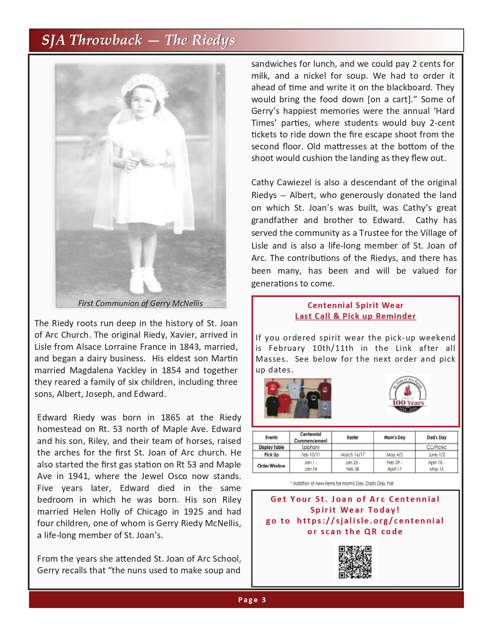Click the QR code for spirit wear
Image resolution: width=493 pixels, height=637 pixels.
coord(355,562)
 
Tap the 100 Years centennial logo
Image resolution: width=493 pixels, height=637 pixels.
coord(408,394)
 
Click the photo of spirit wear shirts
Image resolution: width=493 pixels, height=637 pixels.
coord(297,398)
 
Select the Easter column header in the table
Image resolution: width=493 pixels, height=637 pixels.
coord(352,437)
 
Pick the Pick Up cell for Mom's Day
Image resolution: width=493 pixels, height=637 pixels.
coord(394,455)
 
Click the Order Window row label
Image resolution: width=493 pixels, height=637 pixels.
coord(271,466)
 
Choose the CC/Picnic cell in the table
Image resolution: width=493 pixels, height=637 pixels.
coord(436,447)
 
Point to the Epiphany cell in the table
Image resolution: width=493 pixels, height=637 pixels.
coord(310,447)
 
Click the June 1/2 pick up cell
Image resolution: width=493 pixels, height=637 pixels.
coord(436,455)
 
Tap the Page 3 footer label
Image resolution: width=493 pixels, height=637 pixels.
coord(252,600)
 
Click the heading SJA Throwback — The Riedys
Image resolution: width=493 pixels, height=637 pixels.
coord(138,40)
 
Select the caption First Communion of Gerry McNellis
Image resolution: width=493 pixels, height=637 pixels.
coord(140,303)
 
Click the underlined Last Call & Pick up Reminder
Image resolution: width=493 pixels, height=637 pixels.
coord(355,316)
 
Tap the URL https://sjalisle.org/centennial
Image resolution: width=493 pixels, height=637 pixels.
coord(370,521)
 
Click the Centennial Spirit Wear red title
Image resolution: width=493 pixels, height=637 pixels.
coord(355,305)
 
